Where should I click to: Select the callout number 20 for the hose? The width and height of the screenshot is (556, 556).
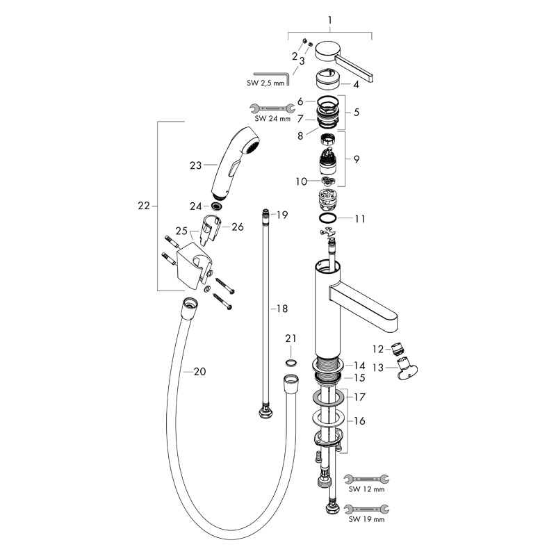pyautogui.click(x=199, y=372)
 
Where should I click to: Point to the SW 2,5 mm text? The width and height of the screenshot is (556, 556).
pyautogui.click(x=265, y=83)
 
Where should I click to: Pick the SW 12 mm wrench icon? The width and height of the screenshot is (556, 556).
pyautogui.click(x=367, y=478)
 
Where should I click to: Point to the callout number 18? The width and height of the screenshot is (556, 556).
pyautogui.click(x=282, y=308)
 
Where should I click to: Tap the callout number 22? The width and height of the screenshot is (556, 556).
pyautogui.click(x=144, y=206)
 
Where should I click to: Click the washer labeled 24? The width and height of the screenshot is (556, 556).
pyautogui.click(x=218, y=206)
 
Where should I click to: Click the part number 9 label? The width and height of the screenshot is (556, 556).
pyautogui.click(x=356, y=159)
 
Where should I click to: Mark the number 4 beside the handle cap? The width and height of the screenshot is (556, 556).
pyautogui.click(x=355, y=85)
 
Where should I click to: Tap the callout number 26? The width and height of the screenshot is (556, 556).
pyautogui.click(x=237, y=226)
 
